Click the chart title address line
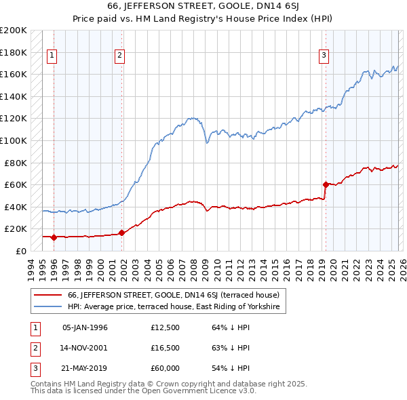point(203,7)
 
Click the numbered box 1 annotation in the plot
point(53,56)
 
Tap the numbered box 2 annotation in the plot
point(119,56)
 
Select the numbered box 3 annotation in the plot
point(324,56)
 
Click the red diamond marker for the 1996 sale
point(54,237)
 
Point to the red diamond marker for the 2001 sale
point(121,233)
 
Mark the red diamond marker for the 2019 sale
point(326,184)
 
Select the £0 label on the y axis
point(20,251)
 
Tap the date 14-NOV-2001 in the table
point(85,348)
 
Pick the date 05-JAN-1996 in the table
point(85,327)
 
